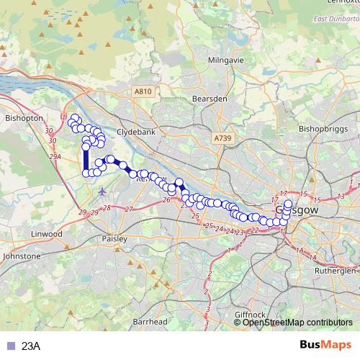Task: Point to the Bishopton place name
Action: point(24,117)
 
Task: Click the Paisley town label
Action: point(114,238)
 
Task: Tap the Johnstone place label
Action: point(22,256)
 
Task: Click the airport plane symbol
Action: point(102,191)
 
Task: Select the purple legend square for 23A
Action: point(9,346)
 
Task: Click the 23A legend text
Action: point(31,346)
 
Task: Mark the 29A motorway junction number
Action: point(55,156)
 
